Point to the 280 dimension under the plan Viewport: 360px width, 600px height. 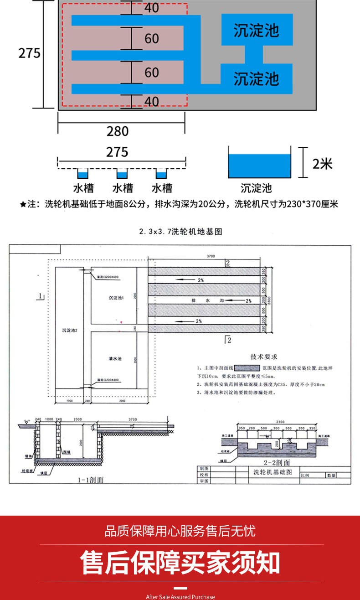118,131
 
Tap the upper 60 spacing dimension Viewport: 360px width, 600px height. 152,38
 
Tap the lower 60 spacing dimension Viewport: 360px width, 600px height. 152,72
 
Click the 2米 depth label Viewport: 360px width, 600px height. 323,163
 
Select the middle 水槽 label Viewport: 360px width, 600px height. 123,188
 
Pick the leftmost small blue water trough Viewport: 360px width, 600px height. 83,174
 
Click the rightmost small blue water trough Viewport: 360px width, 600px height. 162,174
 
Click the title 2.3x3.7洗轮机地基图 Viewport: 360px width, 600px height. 180,232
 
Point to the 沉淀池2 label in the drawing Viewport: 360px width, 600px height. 70,331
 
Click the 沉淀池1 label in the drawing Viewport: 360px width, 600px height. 116,298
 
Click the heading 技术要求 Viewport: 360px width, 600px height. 264,357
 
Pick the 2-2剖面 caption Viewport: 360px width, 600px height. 277,462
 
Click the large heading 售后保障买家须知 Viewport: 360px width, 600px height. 180,563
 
